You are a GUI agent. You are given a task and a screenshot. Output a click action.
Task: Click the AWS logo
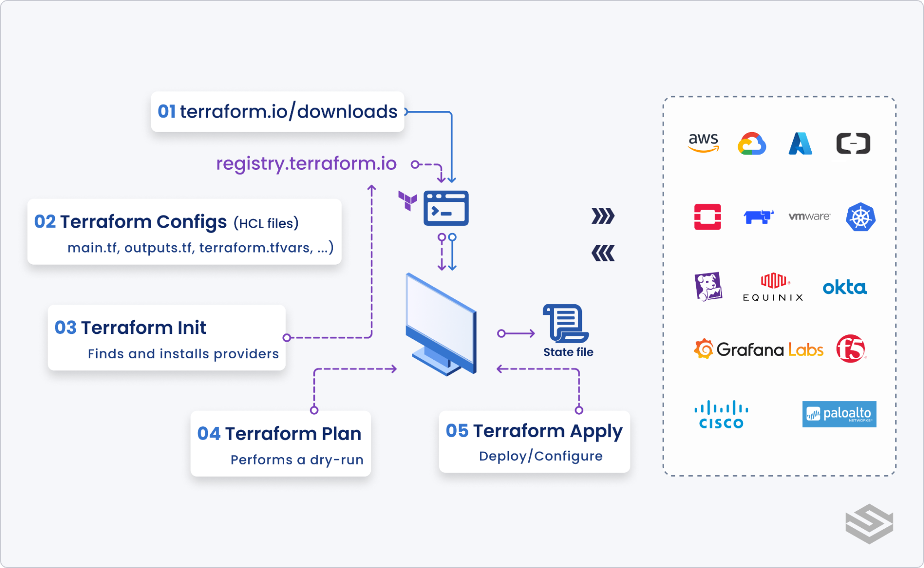pyautogui.click(x=703, y=143)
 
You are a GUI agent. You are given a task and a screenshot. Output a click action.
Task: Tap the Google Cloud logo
pyautogui.click(x=752, y=144)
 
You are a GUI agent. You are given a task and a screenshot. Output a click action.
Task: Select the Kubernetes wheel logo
pyautogui.click(x=860, y=217)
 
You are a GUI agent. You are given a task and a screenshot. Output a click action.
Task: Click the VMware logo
pyautogui.click(x=809, y=217)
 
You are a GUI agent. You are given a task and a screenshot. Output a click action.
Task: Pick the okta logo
pyautogui.click(x=844, y=287)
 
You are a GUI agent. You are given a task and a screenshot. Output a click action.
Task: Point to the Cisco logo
pyautogui.click(x=721, y=415)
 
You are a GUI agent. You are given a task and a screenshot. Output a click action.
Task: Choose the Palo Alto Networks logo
pyautogui.click(x=839, y=414)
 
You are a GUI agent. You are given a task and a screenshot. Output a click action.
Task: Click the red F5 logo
pyautogui.click(x=851, y=349)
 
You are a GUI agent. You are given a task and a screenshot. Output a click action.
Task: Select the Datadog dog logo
pyautogui.click(x=708, y=286)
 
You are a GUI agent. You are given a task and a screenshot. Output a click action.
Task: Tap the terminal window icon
pyautogui.click(x=446, y=208)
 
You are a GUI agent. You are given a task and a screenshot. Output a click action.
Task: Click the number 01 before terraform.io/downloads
pyautogui.click(x=166, y=112)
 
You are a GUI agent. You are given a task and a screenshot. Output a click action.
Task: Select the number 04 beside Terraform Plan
pyautogui.click(x=208, y=434)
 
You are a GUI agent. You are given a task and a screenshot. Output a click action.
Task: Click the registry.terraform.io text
pyautogui.click(x=306, y=163)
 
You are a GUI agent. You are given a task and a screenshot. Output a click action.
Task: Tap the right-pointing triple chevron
pyautogui.click(x=603, y=216)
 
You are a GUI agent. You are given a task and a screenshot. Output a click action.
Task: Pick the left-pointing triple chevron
pyautogui.click(x=603, y=253)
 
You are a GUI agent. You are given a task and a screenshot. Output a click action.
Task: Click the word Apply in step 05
pyautogui.click(x=596, y=431)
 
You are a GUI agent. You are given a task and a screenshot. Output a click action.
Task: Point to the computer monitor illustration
pyautogui.click(x=441, y=323)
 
